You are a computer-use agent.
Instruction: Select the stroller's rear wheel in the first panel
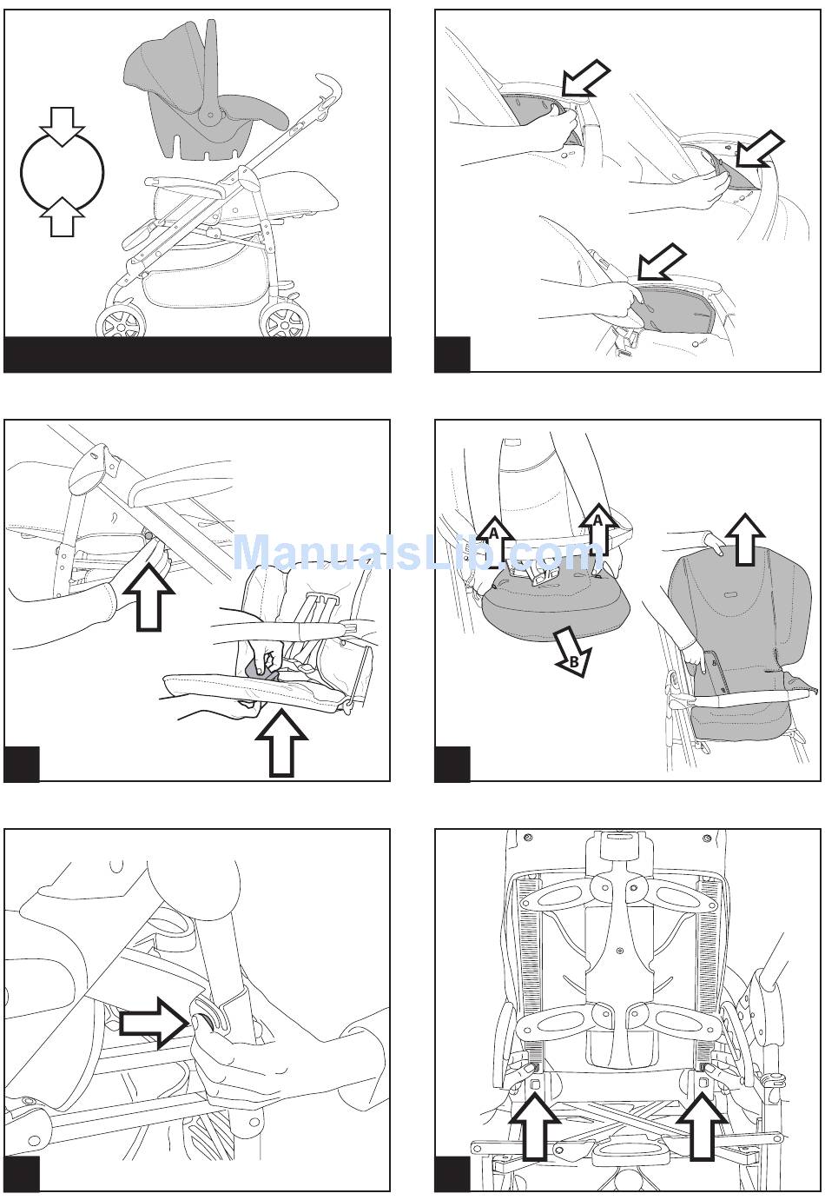pos(284,321)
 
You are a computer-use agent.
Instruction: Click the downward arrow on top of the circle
pos(63,126)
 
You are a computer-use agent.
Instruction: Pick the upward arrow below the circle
pos(63,217)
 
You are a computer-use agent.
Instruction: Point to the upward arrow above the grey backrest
pos(744,540)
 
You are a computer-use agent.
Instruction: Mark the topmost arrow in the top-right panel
pos(585,78)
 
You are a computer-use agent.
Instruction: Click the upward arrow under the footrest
pos(281,742)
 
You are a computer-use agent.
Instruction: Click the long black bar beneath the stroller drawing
pos(197,355)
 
